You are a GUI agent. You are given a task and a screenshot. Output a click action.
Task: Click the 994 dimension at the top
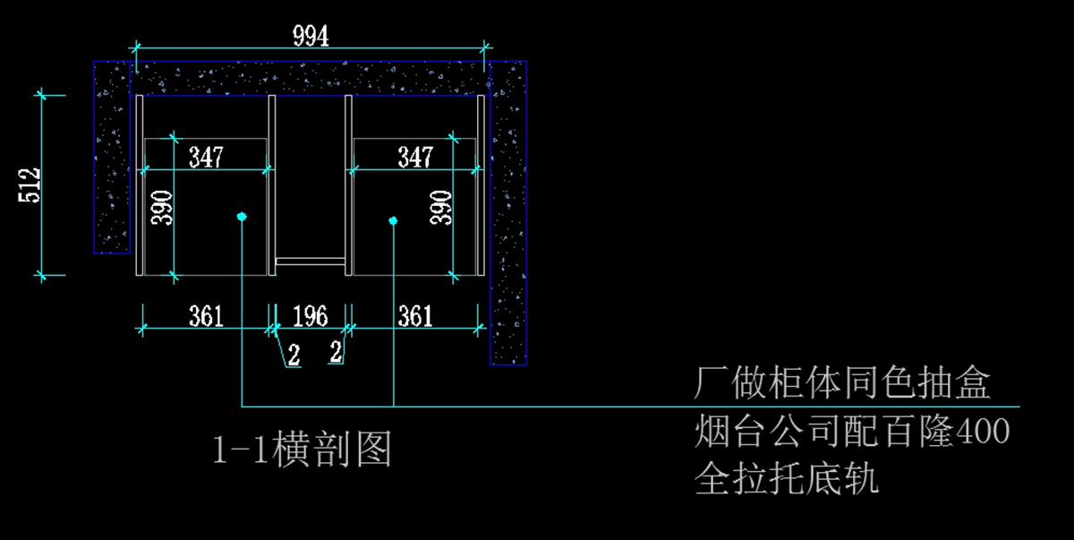(x=311, y=37)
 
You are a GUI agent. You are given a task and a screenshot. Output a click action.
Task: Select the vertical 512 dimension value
(x=30, y=185)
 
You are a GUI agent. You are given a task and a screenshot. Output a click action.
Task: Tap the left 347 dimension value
(x=206, y=158)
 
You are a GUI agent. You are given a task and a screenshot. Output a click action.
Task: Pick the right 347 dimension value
(x=415, y=158)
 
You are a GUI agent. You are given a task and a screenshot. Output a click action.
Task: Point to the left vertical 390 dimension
(x=162, y=208)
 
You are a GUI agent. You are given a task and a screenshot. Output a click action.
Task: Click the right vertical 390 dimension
(x=440, y=208)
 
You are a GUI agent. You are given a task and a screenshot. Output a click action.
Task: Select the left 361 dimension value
(x=206, y=316)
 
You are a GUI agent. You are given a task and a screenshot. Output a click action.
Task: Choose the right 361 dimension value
(x=415, y=316)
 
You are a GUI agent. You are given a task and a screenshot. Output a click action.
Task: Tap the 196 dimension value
(x=311, y=316)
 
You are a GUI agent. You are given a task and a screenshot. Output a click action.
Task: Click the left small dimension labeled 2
(x=294, y=356)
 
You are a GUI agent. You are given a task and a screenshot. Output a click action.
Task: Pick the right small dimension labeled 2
(x=337, y=352)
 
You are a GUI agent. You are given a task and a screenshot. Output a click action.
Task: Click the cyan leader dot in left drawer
(x=242, y=217)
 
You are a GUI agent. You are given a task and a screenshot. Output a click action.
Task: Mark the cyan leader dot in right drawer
(x=393, y=220)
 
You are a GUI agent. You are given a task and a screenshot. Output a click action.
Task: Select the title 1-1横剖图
(x=303, y=449)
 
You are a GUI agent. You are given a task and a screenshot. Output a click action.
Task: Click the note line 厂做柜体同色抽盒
(x=842, y=382)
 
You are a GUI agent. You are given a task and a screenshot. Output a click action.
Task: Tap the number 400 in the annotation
(x=984, y=431)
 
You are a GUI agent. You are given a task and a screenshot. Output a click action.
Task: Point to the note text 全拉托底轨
(x=787, y=478)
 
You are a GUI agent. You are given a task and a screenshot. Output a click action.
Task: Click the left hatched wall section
(x=112, y=157)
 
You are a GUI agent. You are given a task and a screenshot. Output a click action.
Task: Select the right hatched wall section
(x=508, y=213)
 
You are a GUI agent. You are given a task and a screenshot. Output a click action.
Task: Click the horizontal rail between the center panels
(x=311, y=261)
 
